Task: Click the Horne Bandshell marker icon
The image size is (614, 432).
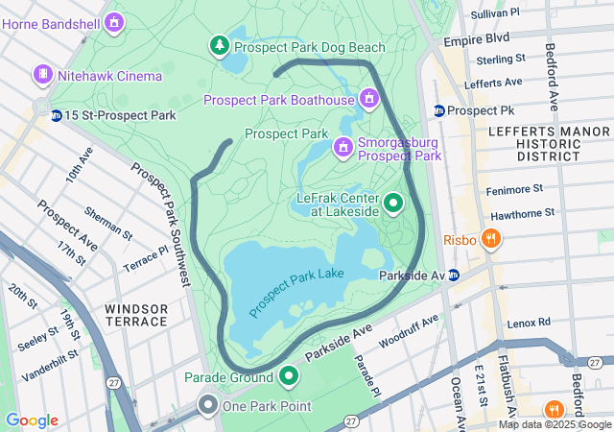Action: click(x=114, y=20)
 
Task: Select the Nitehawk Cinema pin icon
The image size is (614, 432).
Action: click(x=42, y=75)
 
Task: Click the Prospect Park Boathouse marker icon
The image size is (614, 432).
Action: click(x=368, y=99)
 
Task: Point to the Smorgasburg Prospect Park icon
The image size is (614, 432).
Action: click(x=342, y=147)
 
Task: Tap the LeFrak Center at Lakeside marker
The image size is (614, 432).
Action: click(x=393, y=204)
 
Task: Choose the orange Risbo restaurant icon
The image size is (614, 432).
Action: click(x=490, y=238)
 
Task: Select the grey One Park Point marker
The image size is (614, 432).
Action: click(x=207, y=406)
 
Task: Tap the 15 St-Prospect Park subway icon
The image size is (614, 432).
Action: click(x=57, y=115)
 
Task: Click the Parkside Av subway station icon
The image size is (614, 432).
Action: click(x=454, y=275)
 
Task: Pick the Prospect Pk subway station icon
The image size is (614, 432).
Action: click(x=438, y=110)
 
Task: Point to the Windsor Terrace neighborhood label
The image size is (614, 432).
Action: click(x=136, y=315)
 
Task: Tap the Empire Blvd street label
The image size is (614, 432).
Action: click(x=475, y=41)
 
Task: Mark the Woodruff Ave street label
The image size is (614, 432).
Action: click(x=409, y=330)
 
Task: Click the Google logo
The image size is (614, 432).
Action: click(x=32, y=420)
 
